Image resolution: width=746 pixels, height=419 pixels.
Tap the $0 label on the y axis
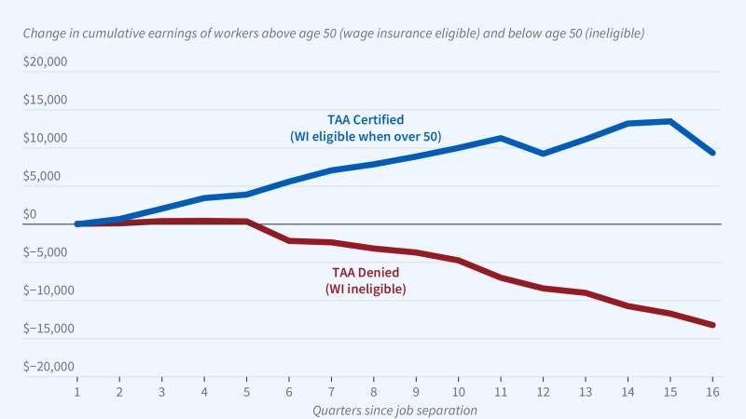point(30,214)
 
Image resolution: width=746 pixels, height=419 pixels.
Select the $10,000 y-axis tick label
point(46,139)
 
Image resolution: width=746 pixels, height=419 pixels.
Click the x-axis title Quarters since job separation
point(395,410)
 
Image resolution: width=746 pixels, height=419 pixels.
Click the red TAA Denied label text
point(366,273)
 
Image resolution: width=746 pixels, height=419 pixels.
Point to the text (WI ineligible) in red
point(366,290)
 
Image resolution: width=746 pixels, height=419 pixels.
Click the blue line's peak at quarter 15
point(670,121)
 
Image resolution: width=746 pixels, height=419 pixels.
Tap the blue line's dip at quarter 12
point(544,153)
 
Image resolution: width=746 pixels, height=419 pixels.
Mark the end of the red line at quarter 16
point(712,325)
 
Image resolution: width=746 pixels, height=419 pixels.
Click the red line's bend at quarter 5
point(246,222)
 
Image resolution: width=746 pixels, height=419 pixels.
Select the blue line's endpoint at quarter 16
point(712,153)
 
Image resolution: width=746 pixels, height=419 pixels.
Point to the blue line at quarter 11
point(501,138)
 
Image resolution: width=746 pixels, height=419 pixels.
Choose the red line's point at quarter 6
point(289,240)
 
